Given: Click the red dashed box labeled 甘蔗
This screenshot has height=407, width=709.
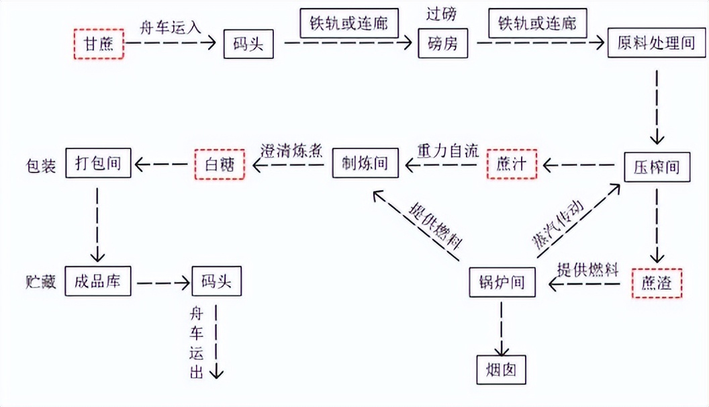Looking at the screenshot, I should coord(98,44).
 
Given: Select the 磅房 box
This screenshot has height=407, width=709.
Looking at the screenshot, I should coord(443,44).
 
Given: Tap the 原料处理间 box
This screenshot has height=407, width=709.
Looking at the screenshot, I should coord(657,44).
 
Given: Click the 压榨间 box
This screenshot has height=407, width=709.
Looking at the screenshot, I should coord(655,166).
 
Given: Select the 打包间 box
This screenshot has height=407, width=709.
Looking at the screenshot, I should coord(98,163).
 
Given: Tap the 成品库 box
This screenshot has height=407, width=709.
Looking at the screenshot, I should coord(98,281).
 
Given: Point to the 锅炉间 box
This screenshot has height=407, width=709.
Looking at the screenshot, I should coord(503,282).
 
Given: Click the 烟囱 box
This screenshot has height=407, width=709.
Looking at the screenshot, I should coord(500,369).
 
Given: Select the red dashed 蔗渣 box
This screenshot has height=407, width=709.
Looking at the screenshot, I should coord(657,283).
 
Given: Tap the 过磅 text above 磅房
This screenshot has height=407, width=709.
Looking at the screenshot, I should coord(443,13).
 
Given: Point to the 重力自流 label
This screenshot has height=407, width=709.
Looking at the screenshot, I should coord(447,150).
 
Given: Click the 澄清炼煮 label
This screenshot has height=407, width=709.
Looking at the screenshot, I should coord(292,150).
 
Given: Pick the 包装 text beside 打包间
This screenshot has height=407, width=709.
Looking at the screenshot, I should coord(38,163).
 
